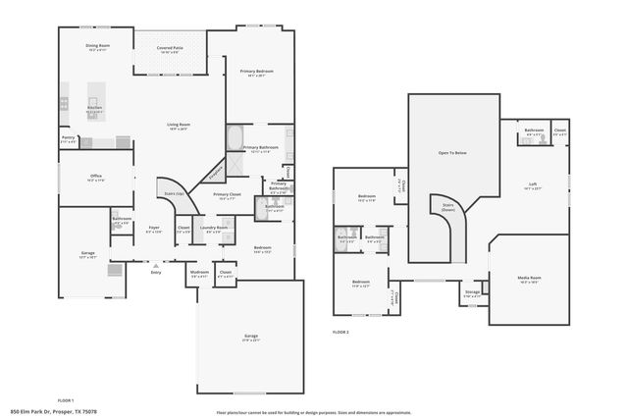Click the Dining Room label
(x=96, y=46)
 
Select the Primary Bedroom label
(x=257, y=72)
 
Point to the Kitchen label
(x=94, y=109)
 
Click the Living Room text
(x=178, y=125)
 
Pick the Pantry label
(x=68, y=137)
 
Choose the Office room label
(x=96, y=177)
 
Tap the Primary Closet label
(x=227, y=195)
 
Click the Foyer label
(x=154, y=229)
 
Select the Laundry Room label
(x=214, y=229)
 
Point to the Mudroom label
(x=199, y=272)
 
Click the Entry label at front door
(x=156, y=272)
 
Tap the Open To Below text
(x=451, y=153)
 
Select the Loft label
(x=533, y=184)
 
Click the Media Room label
(x=529, y=278)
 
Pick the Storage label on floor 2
(x=472, y=291)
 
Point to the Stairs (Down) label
(x=448, y=207)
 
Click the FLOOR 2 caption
(x=340, y=333)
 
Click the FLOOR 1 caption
(x=65, y=400)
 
